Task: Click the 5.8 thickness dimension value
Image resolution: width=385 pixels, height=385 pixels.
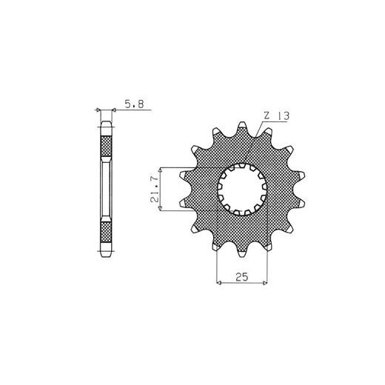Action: coord(134,104)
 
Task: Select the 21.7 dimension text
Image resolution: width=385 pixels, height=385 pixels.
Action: coord(155,190)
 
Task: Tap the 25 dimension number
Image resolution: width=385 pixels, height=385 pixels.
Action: coord(241,277)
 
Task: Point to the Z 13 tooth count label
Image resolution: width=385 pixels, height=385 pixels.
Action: coord(276,116)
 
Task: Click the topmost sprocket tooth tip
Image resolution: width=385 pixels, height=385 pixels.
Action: coord(242,123)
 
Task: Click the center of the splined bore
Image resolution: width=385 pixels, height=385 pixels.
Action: coord(242,190)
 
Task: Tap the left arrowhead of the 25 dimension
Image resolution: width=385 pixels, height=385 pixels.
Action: coord(218,283)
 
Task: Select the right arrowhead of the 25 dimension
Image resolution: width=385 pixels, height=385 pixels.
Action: coord(265,283)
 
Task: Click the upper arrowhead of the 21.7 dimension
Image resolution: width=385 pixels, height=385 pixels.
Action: coord(161,170)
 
